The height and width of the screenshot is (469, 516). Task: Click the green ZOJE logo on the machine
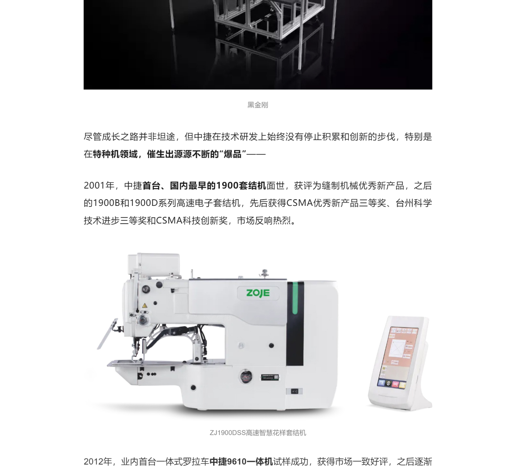click(x=258, y=293)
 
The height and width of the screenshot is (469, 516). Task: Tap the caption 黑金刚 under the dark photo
click(x=258, y=105)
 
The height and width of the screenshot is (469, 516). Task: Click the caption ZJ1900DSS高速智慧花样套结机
click(x=258, y=433)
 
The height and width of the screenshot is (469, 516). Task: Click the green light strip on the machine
click(x=295, y=298)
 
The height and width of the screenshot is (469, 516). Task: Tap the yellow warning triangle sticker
click(x=144, y=306)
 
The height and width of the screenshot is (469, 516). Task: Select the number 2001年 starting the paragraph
click(x=99, y=185)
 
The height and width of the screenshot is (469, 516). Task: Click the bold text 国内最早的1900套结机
click(x=218, y=185)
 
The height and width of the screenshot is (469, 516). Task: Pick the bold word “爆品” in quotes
click(x=232, y=154)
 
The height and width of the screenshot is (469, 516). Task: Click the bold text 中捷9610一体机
click(x=241, y=461)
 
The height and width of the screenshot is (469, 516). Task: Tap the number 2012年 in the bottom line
click(x=99, y=461)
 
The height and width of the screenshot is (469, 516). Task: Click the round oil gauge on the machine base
click(x=245, y=376)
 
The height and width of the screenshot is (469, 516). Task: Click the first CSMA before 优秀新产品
click(x=300, y=203)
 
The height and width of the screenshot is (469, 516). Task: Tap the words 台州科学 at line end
click(x=414, y=203)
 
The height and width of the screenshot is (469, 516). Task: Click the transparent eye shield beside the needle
click(x=107, y=334)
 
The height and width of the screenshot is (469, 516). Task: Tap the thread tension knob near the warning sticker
click(x=142, y=319)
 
